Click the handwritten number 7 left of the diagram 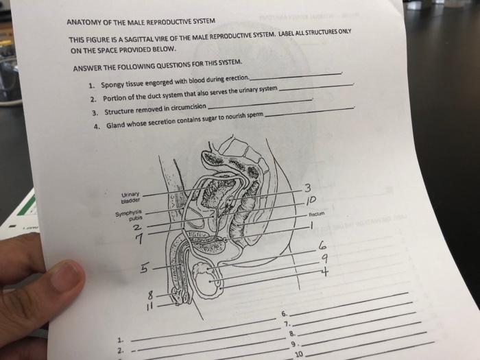click(139, 237)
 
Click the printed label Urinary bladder click(130, 197)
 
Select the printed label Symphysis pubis click(128, 215)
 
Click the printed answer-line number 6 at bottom click(284, 313)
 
